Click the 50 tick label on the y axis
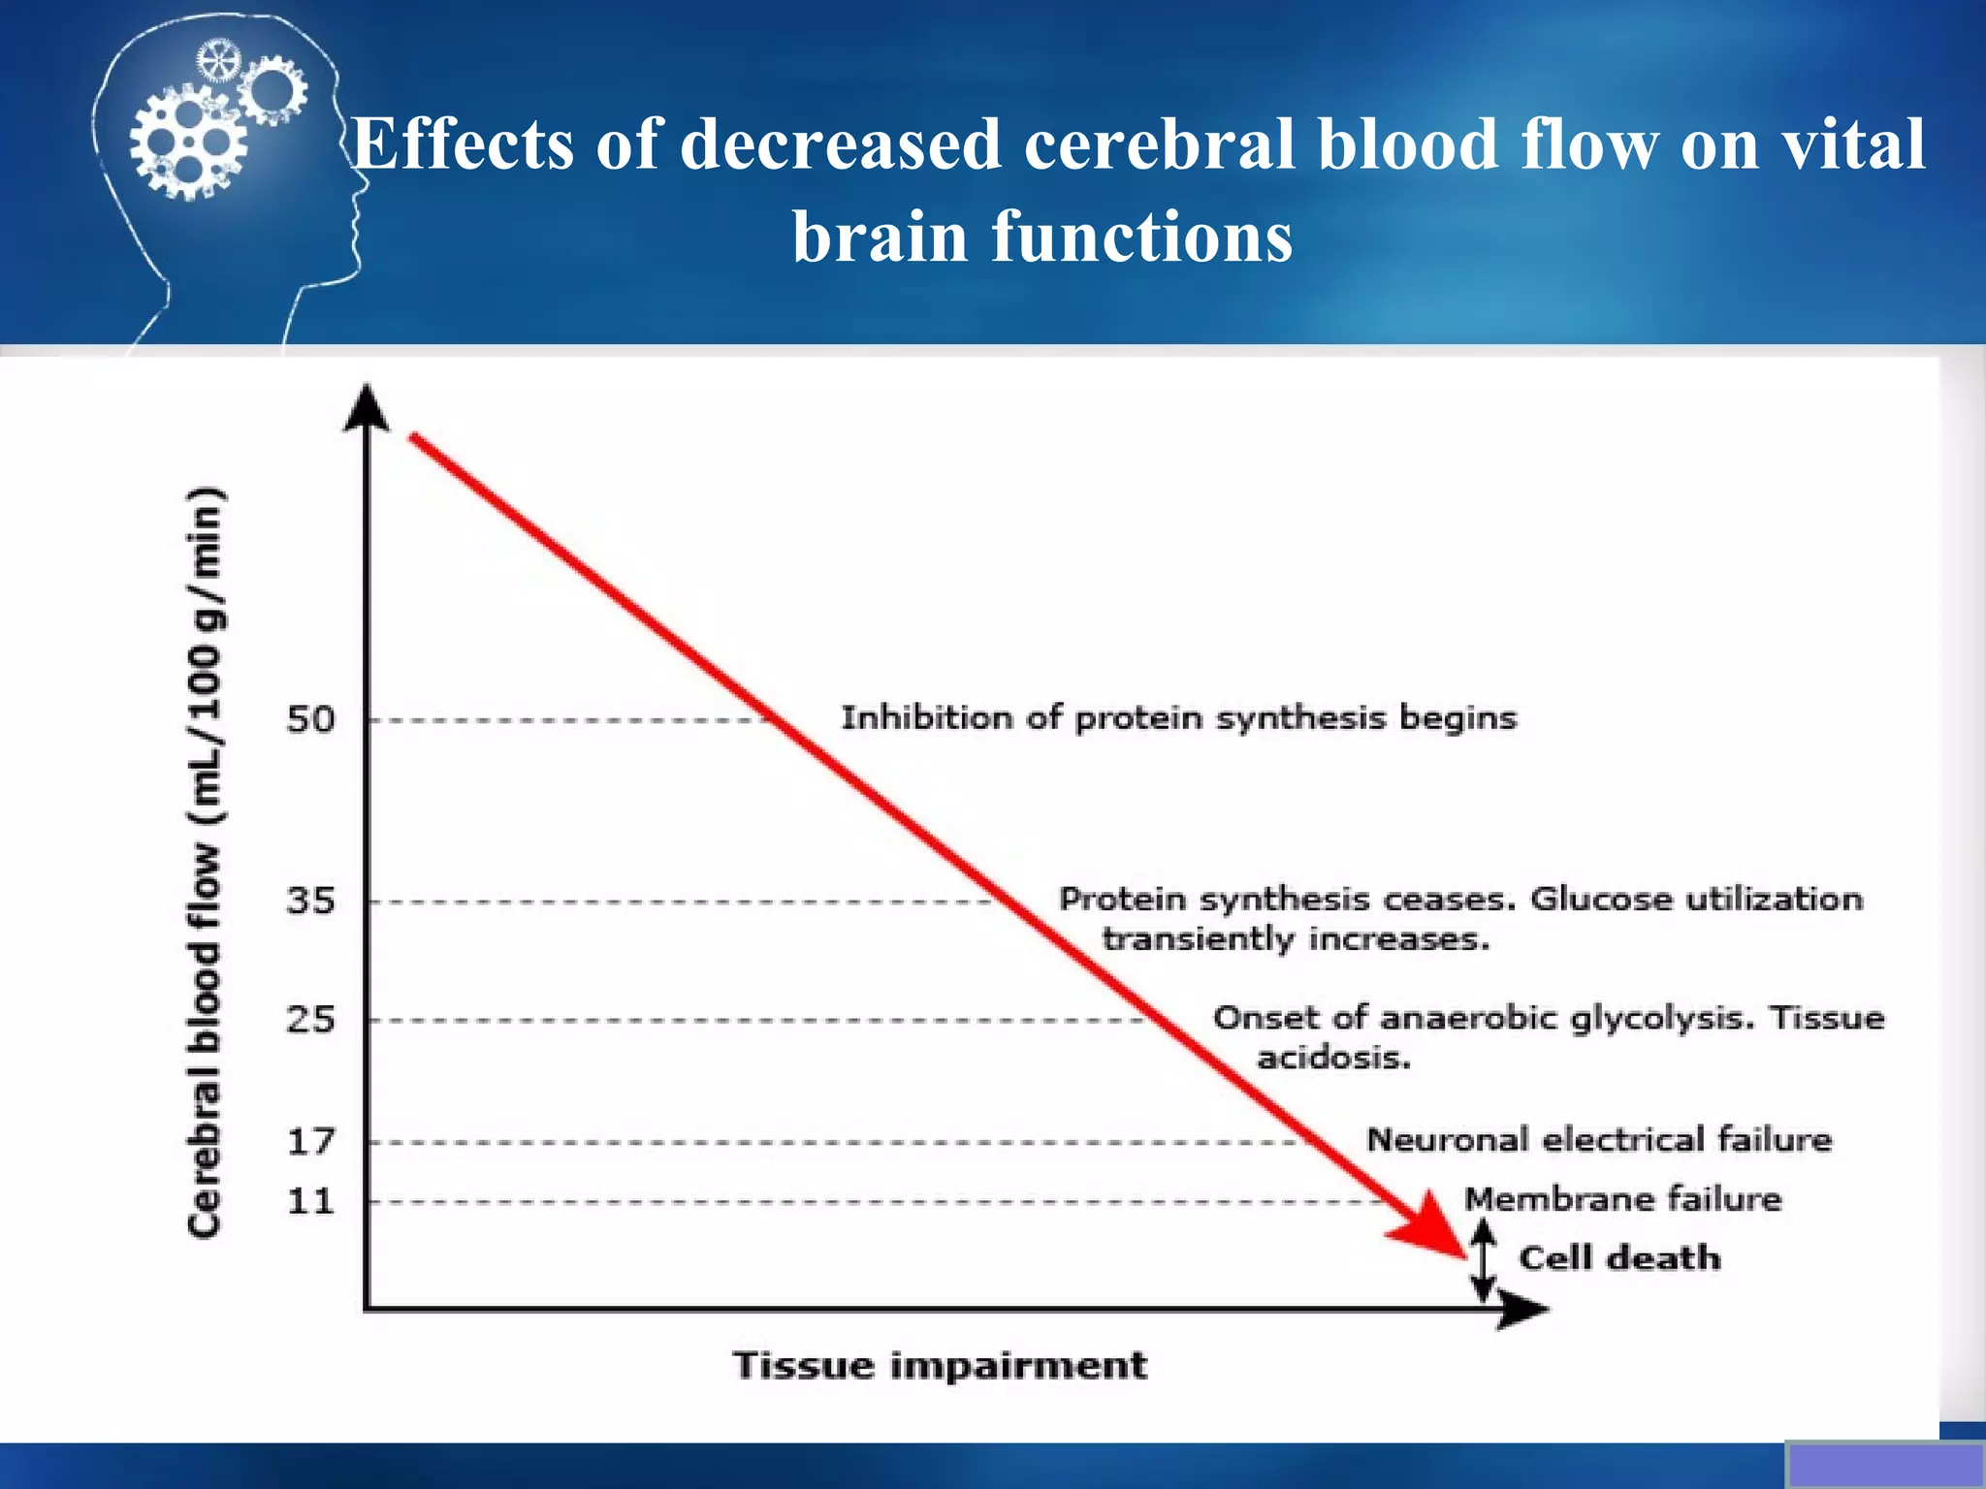(x=310, y=719)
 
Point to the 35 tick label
(x=310, y=901)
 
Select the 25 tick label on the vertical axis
(x=310, y=1020)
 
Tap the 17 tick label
(x=310, y=1141)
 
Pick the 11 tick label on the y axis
(x=310, y=1202)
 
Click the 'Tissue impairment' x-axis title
(x=940, y=1365)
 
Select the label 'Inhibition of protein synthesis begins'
(x=1178, y=718)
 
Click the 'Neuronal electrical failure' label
(x=1599, y=1139)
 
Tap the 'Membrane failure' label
(x=1622, y=1199)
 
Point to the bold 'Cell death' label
(x=1619, y=1258)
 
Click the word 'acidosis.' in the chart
(x=1333, y=1057)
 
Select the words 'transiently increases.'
(x=1295, y=939)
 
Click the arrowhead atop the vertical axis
(x=367, y=407)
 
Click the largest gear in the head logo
(x=188, y=143)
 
